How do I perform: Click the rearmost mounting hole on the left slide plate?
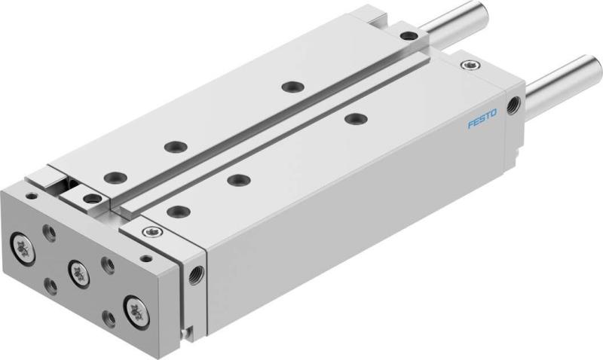289,87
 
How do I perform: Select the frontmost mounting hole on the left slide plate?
115,177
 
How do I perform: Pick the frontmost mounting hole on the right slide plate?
179,211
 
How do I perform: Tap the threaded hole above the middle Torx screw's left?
50,232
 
